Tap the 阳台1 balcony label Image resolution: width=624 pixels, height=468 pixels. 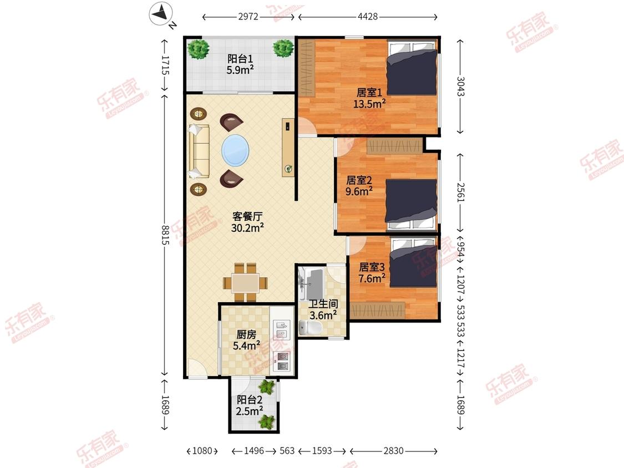pyautogui.click(x=240, y=64)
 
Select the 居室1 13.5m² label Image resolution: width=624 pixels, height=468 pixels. pyautogui.click(x=369, y=98)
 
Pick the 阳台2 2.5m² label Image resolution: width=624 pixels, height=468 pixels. pyautogui.click(x=250, y=405)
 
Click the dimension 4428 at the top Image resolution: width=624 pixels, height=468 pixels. pyautogui.click(x=367, y=17)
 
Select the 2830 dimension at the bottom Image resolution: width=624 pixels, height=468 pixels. pyautogui.click(x=393, y=451)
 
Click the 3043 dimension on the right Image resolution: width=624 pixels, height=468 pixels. pyautogui.click(x=460, y=86)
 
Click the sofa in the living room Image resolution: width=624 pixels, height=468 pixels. pyautogui.click(x=198, y=151)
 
